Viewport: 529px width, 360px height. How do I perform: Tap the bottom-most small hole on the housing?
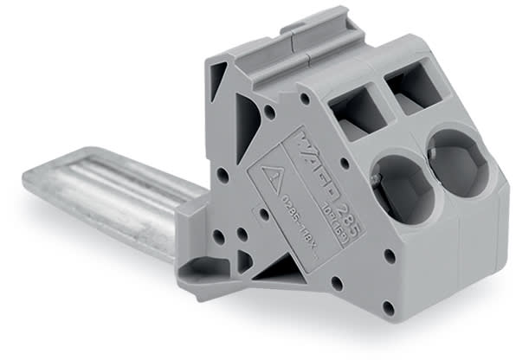388,307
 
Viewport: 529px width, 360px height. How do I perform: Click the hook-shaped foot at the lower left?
203,272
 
